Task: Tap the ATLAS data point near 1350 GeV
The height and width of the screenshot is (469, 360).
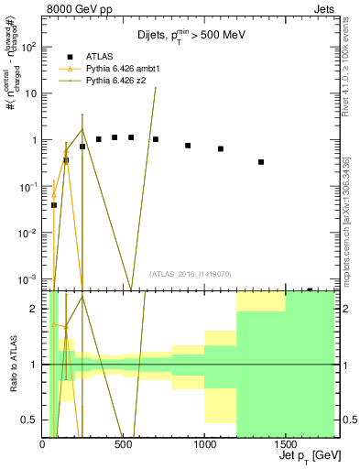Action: pyautogui.click(x=261, y=162)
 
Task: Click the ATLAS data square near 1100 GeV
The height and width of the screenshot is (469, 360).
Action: pyautogui.click(x=221, y=148)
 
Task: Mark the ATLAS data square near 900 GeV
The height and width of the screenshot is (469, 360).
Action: pyautogui.click(x=188, y=146)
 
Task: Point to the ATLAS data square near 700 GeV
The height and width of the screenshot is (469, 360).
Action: pyautogui.click(x=156, y=139)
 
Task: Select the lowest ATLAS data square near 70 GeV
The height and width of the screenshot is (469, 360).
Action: pyautogui.click(x=54, y=205)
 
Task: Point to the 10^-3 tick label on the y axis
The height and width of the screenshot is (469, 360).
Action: pyautogui.click(x=28, y=278)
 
